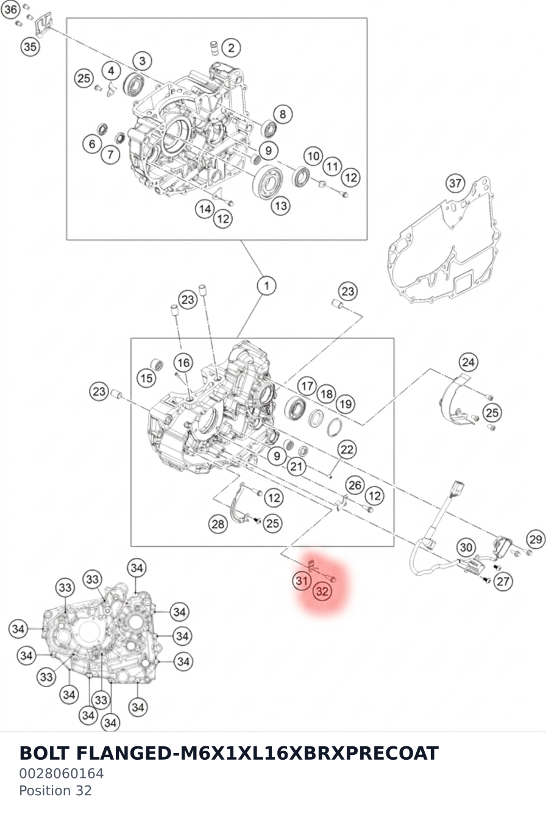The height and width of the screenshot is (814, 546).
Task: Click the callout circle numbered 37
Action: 455,183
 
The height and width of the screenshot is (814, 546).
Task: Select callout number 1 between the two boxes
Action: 267,285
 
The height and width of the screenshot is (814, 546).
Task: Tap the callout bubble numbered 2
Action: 231,48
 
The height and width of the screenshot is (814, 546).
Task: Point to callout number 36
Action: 10,9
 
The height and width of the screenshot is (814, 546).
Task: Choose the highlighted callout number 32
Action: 322,591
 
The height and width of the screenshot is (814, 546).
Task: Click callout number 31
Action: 302,580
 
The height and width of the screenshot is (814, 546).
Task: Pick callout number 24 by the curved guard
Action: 468,362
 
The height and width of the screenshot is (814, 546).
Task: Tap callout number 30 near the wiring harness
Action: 466,548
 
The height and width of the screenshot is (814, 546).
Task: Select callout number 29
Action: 536,539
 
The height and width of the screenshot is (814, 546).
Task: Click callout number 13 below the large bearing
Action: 281,206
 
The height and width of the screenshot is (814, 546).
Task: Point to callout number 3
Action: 143,61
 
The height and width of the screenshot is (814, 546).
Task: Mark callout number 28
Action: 218,524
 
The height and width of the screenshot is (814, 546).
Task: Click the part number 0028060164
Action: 62,773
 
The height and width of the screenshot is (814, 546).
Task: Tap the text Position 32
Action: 55,790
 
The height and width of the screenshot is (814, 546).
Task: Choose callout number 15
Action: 146,378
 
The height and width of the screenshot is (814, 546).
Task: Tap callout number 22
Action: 347,449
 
